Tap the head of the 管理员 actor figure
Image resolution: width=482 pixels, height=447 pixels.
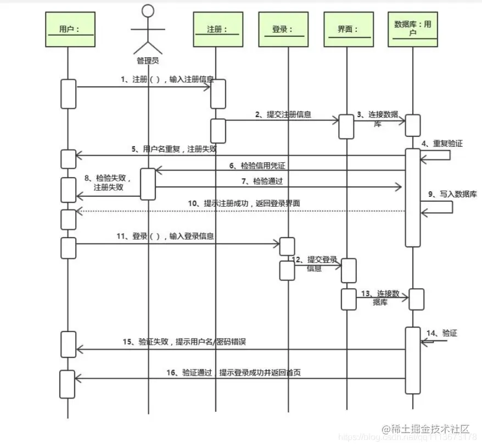[x=148, y=11]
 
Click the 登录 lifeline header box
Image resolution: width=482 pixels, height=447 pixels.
[x=283, y=30]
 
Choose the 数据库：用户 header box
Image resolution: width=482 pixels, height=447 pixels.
[x=413, y=29]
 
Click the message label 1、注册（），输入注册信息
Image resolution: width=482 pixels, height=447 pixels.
[x=167, y=80]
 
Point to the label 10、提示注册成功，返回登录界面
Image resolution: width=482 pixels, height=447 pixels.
[x=244, y=203]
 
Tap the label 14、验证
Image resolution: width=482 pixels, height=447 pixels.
[x=442, y=333]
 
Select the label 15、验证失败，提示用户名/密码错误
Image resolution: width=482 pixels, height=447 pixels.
[x=184, y=342]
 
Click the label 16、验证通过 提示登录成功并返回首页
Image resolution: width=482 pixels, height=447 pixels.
[x=233, y=373]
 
